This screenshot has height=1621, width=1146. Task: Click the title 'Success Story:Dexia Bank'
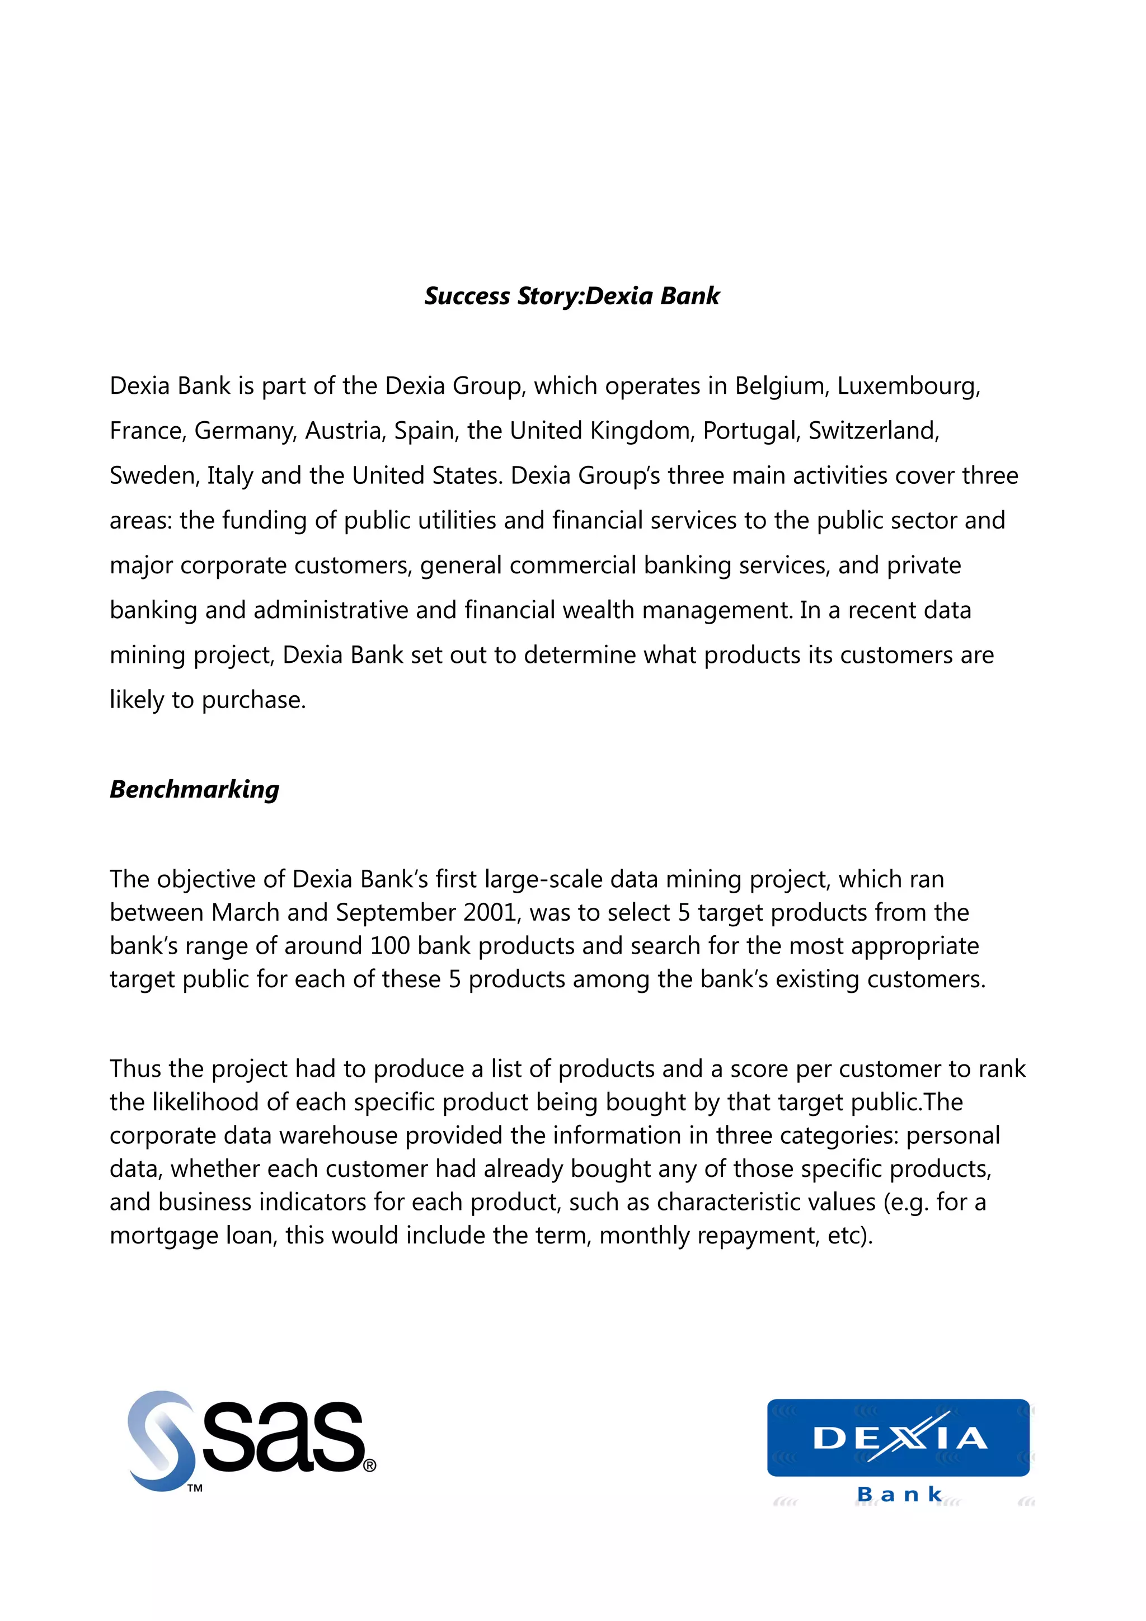[x=571, y=296]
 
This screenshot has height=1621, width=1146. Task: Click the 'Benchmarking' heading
[x=194, y=789]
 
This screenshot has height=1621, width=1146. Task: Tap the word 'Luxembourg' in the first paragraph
[x=909, y=386]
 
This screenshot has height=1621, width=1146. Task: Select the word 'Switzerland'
[x=873, y=431]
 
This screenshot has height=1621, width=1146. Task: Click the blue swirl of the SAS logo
[x=161, y=1440]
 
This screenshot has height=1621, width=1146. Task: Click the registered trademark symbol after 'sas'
[x=369, y=1465]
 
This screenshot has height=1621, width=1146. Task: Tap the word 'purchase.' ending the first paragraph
[x=253, y=700]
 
